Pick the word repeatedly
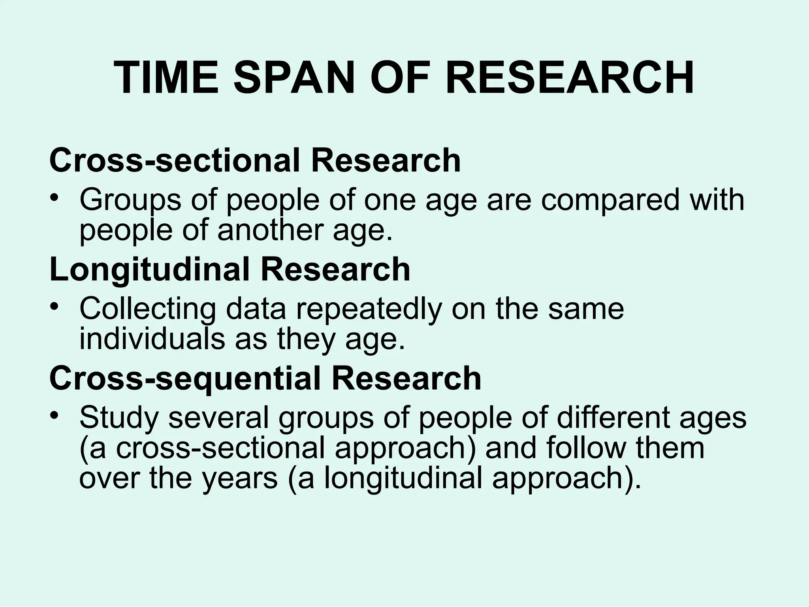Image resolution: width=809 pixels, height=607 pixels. click(369, 309)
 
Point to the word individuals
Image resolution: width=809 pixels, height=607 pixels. click(152, 339)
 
